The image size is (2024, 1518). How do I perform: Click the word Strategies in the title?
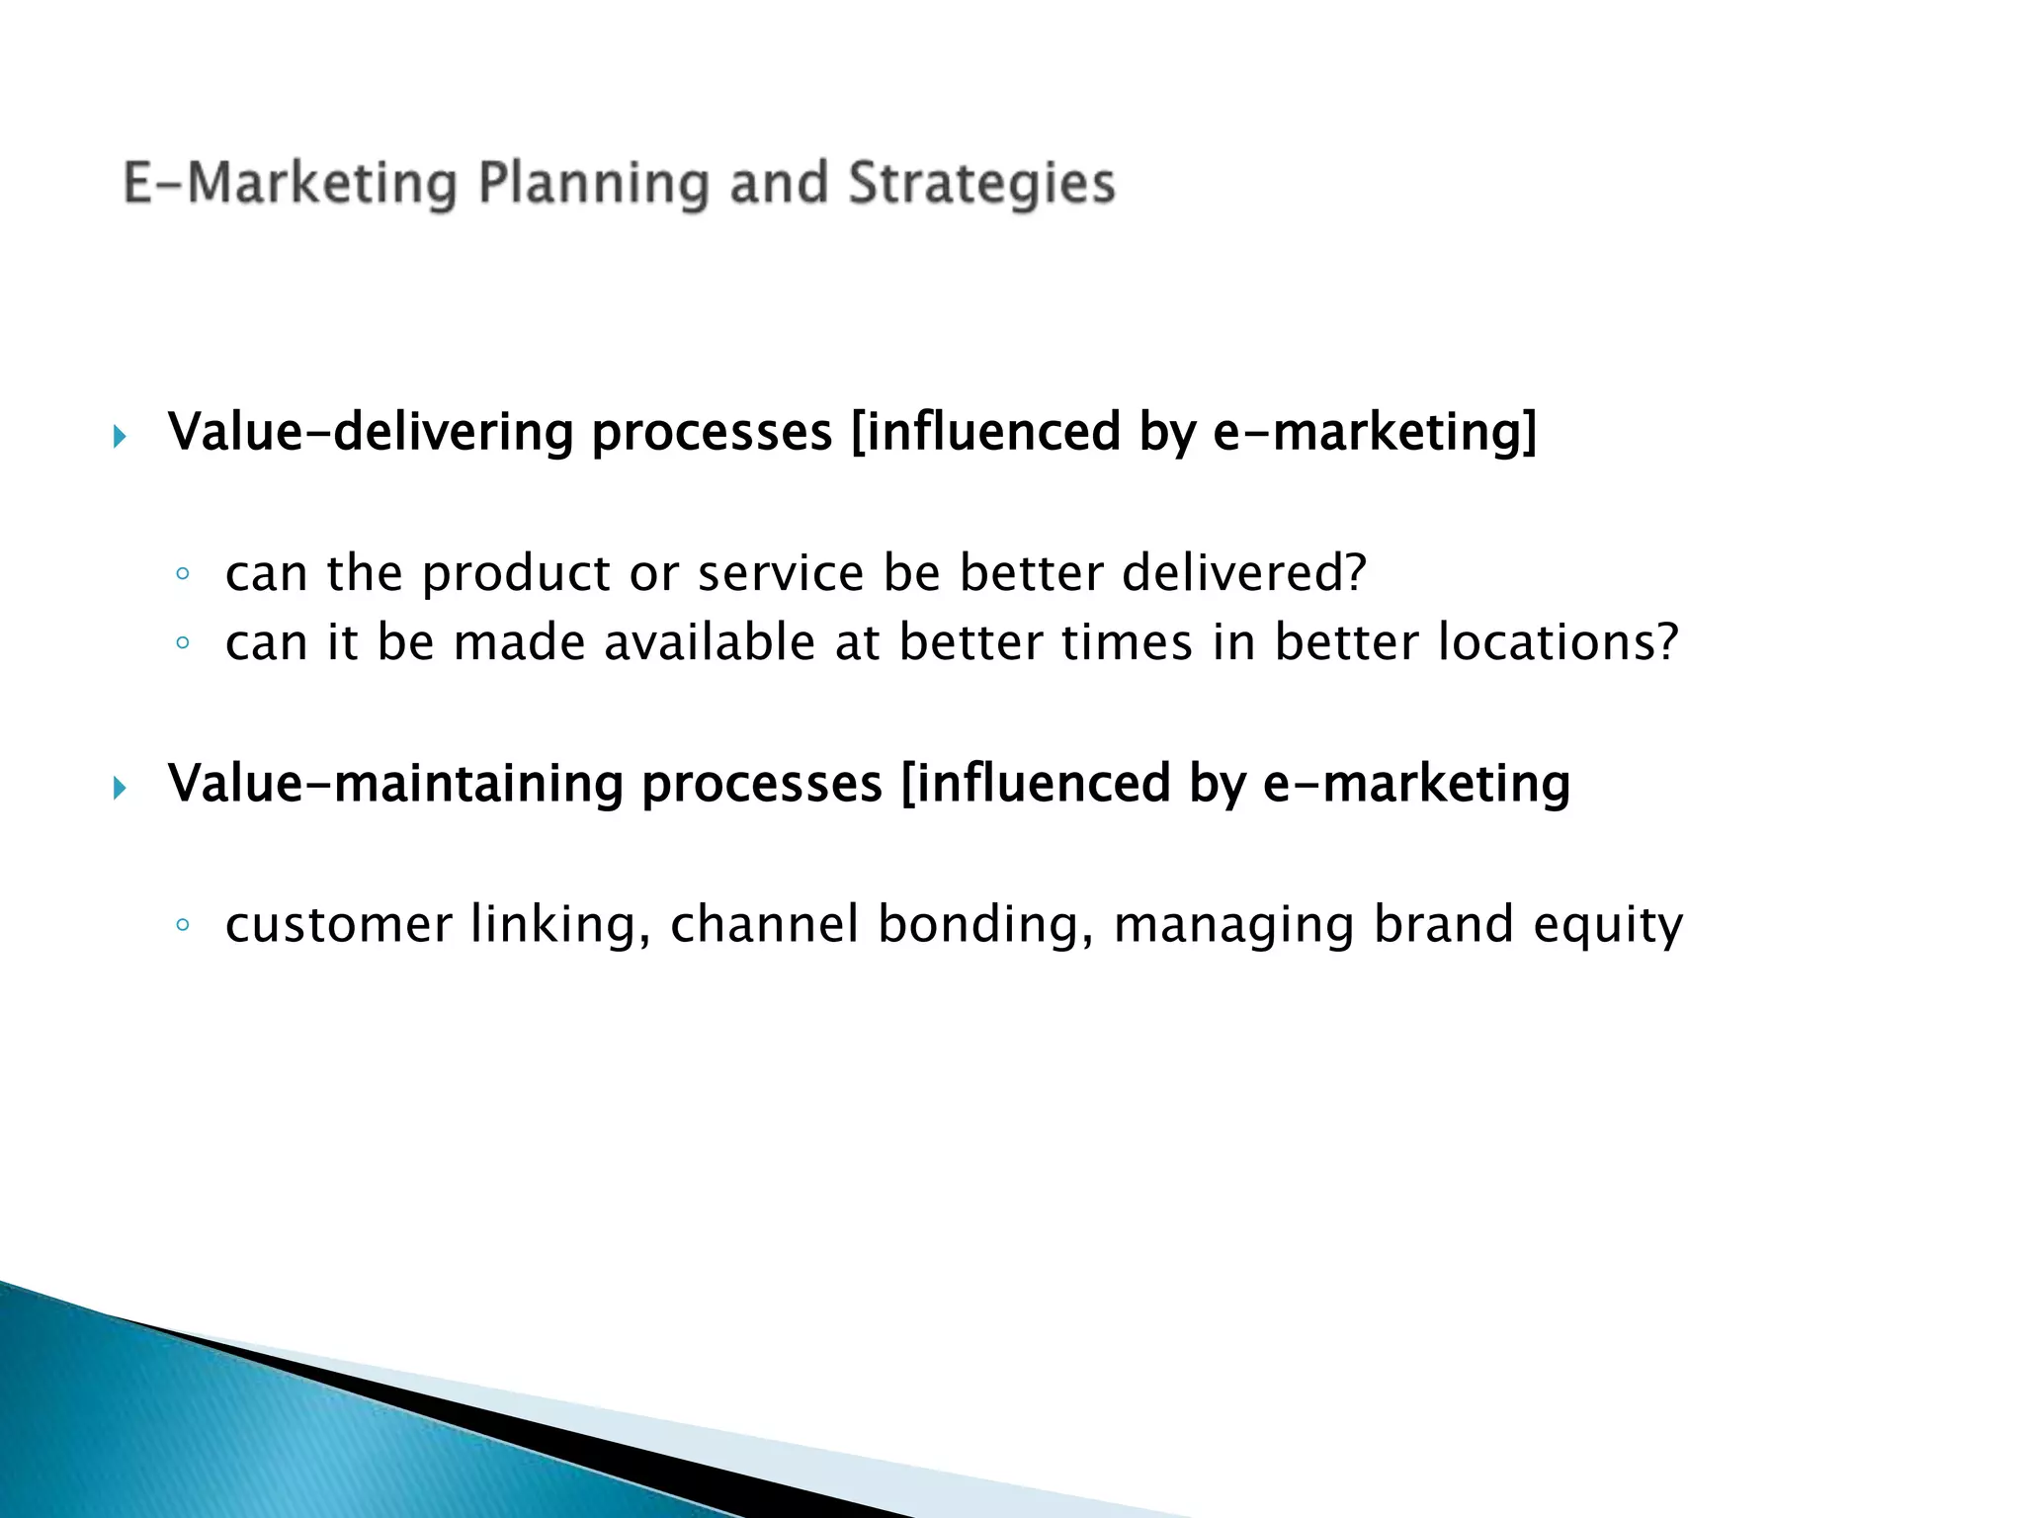(981, 185)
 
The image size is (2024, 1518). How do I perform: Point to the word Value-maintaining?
(395, 784)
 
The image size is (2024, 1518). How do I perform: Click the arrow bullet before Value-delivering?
(120, 436)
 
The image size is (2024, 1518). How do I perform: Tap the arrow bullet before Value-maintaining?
(120, 788)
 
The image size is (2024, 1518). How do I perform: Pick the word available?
(710, 642)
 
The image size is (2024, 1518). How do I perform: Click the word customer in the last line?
(338, 925)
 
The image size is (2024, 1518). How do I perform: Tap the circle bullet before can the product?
(182, 573)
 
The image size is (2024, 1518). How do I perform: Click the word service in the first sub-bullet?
(781, 573)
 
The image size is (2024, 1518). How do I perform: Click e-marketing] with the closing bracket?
(1375, 433)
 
